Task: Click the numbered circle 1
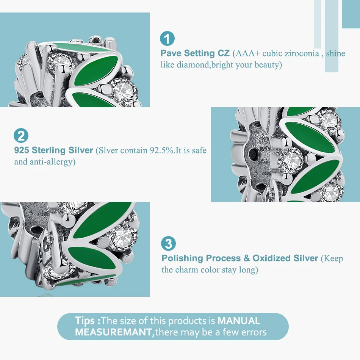pyautogui.click(x=167, y=38)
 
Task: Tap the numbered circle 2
pyautogui.click(x=21, y=135)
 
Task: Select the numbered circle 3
pyautogui.click(x=168, y=243)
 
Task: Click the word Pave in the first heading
pyautogui.click(x=171, y=53)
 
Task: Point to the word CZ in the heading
pyautogui.click(x=224, y=53)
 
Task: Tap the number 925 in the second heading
pyautogui.click(x=22, y=150)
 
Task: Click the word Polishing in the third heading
pyautogui.click(x=182, y=258)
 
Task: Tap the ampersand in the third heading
pyautogui.click(x=247, y=258)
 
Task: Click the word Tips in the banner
pyautogui.click(x=85, y=321)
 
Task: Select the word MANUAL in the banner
pyautogui.click(x=239, y=321)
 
